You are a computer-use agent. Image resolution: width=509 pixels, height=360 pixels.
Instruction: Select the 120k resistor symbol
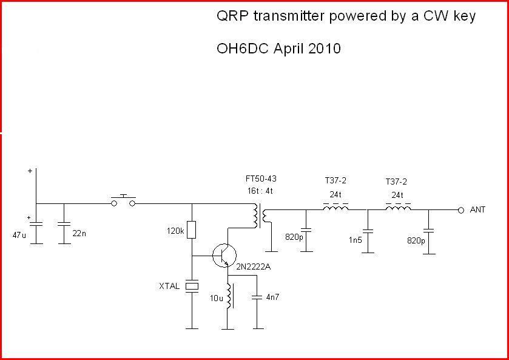point(192,230)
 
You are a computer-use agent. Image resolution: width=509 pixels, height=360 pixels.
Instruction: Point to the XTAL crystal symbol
point(192,286)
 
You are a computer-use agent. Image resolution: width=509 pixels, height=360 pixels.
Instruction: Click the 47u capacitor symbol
point(36,224)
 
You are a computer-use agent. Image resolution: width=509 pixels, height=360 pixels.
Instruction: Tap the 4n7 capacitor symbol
point(257,297)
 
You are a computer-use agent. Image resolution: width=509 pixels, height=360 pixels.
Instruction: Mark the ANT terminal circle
point(460,209)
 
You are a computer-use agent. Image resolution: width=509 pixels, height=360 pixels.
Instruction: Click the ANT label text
point(478,209)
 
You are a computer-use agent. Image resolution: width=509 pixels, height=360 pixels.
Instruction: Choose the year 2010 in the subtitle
point(325,49)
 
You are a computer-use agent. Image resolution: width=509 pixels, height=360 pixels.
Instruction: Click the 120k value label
point(175,231)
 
